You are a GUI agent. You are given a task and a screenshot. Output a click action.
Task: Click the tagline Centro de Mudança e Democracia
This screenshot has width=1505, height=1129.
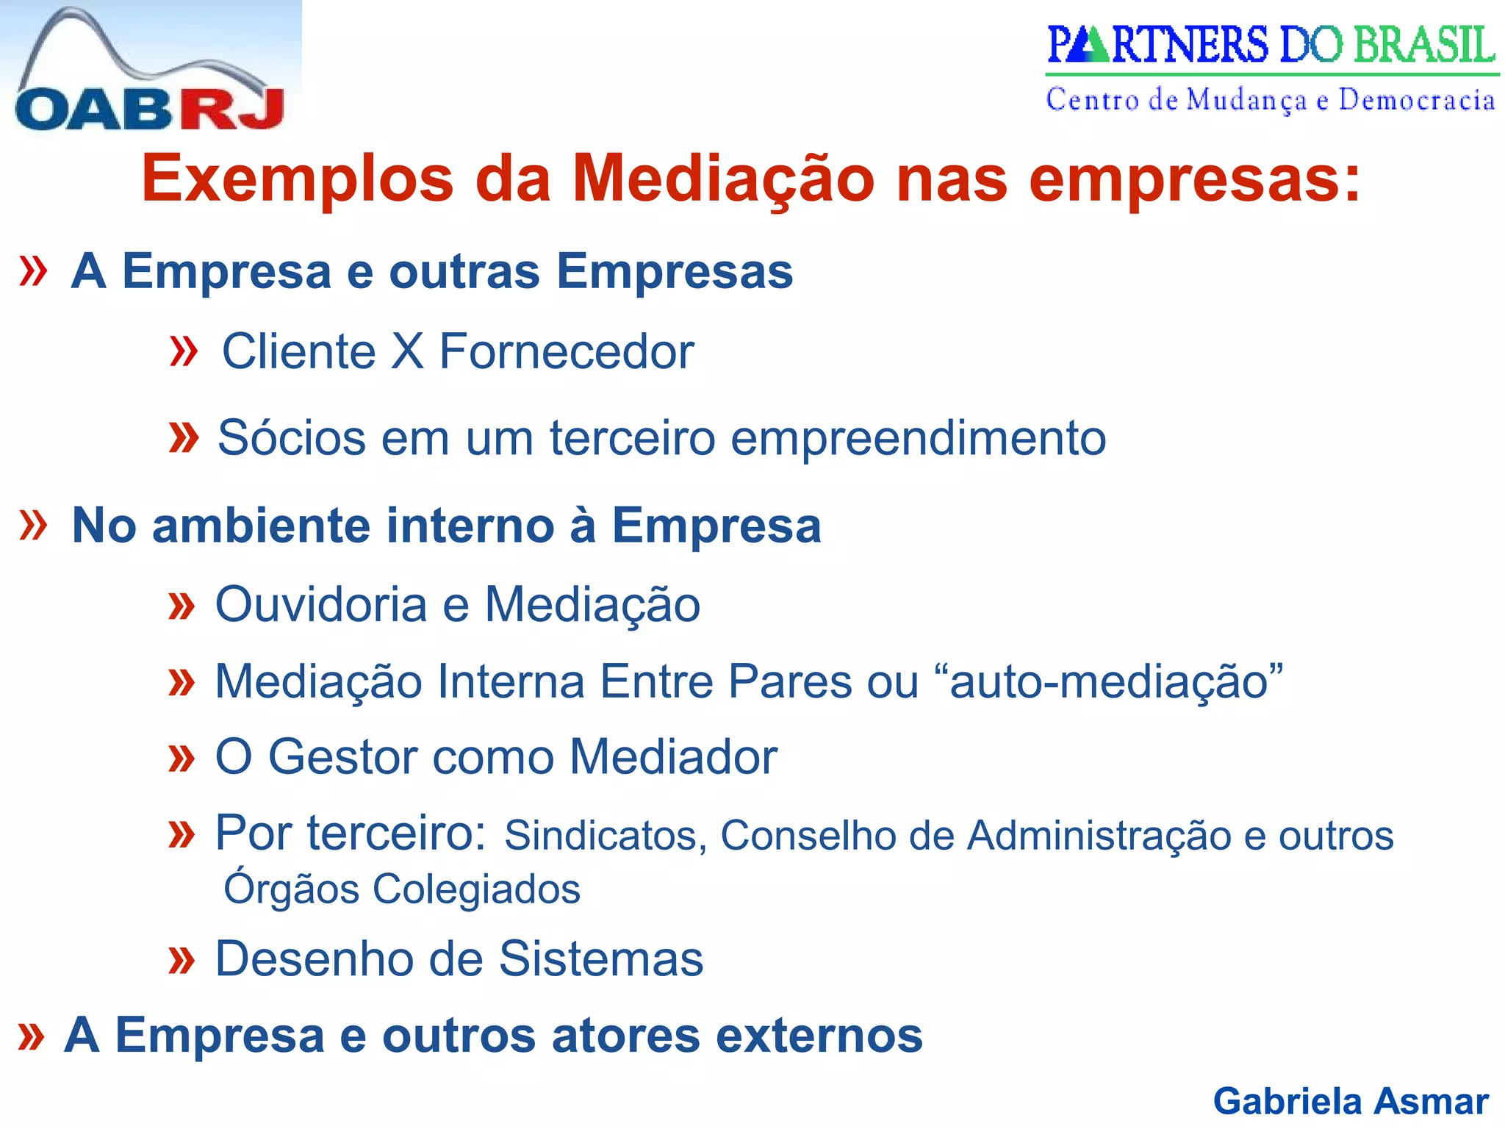[x=1271, y=100]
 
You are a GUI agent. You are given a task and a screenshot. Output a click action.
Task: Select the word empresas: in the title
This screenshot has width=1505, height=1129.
[x=1194, y=179]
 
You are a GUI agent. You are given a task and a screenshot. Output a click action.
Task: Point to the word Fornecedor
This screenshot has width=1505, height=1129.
[x=567, y=351]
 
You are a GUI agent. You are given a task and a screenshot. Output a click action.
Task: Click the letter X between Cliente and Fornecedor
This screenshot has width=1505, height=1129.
[x=407, y=351]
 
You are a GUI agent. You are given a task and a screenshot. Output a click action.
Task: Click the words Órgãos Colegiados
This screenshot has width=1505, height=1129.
[x=402, y=889]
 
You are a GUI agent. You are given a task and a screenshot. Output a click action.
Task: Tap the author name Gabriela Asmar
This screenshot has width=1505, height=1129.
[x=1351, y=1101]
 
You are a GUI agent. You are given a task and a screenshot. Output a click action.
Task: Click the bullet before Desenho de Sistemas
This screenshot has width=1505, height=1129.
[x=181, y=960]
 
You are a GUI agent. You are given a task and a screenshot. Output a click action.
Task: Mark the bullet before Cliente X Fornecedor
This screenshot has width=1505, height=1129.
[x=183, y=351]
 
